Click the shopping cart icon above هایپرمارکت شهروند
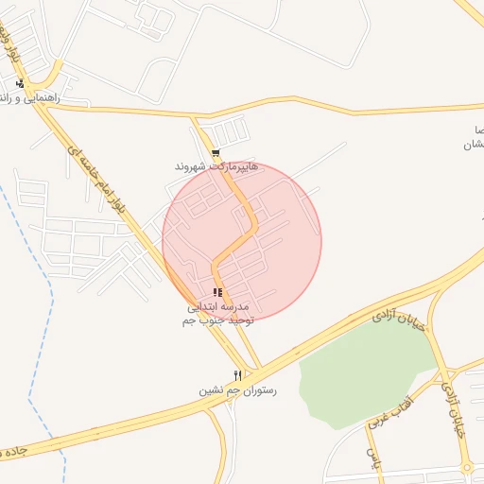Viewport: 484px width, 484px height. click(216, 152)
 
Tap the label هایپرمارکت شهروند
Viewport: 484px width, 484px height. click(216, 166)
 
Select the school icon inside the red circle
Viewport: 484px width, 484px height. click(217, 293)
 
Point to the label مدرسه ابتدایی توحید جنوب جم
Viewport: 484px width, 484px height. click(216, 315)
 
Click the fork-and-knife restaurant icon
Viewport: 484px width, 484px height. click(237, 375)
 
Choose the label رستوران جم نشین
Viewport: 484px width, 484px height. click(237, 389)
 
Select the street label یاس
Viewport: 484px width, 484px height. click(372, 459)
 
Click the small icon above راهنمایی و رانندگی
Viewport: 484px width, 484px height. click(20, 83)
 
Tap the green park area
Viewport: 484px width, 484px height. click(364, 373)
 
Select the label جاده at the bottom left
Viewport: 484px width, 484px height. click(13, 452)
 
